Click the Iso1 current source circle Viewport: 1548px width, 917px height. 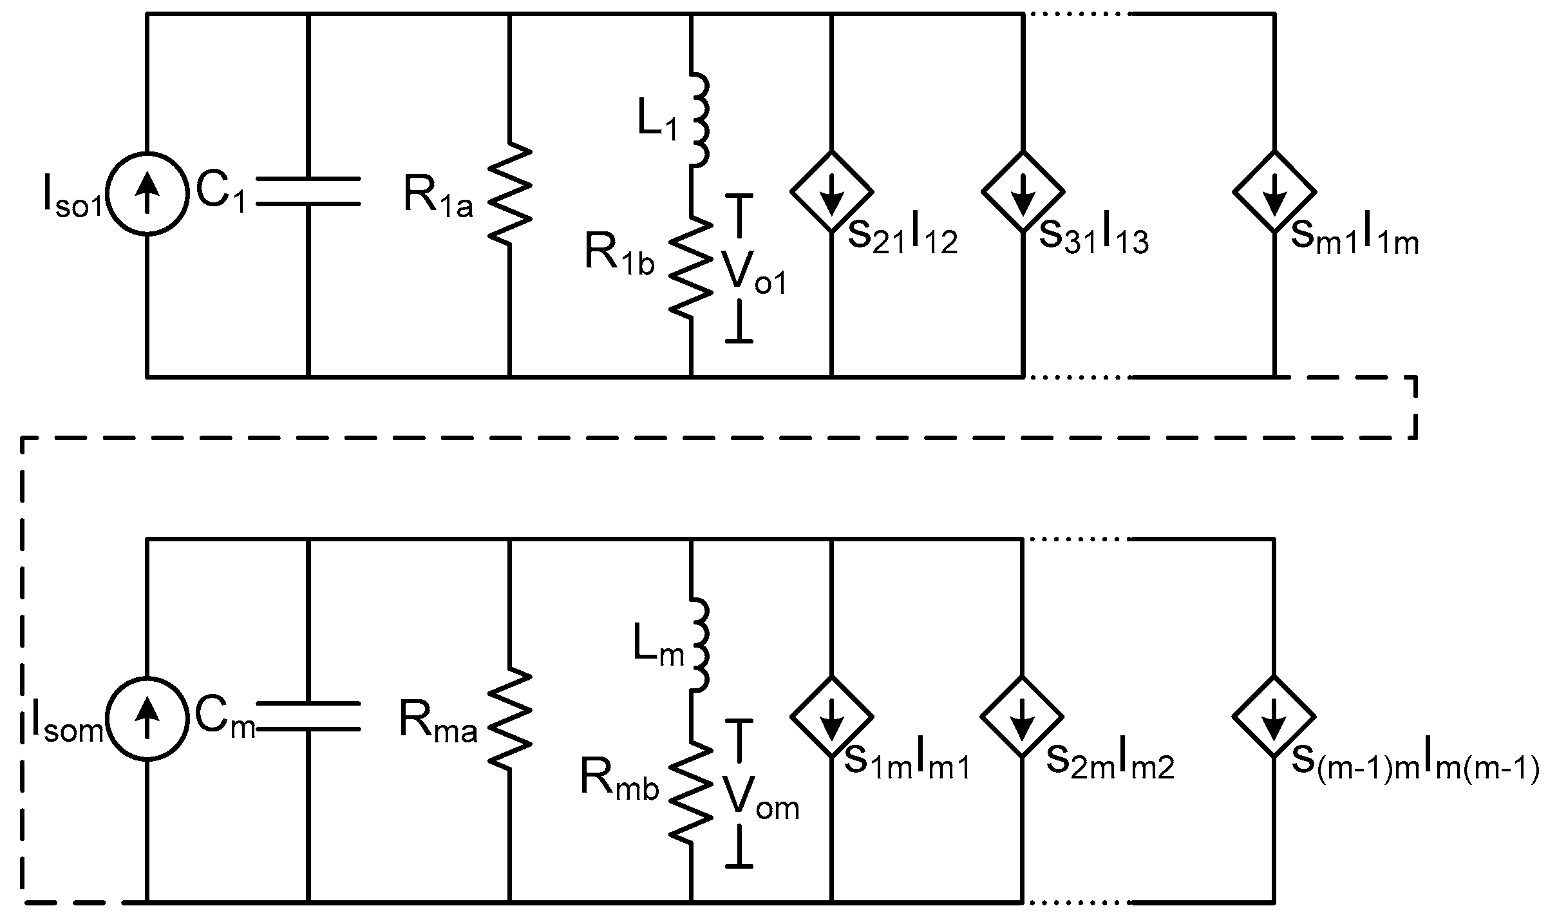click(147, 192)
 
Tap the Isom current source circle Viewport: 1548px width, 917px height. click(147, 717)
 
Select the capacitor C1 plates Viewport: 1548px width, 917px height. click(308, 191)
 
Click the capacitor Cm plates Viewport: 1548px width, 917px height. click(308, 716)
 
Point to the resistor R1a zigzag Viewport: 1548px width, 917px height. click(510, 193)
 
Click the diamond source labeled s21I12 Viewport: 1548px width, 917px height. click(831, 191)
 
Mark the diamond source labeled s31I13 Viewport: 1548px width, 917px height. click(1022, 191)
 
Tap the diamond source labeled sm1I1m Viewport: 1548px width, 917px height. click(1274, 191)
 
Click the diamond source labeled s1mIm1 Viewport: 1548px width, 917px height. click(831, 716)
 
